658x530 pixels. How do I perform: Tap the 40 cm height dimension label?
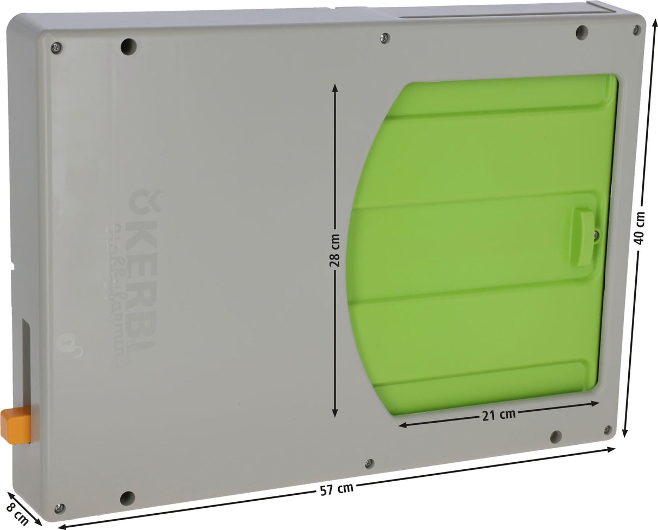coord(640,228)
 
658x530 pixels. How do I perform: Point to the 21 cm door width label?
coord(498,415)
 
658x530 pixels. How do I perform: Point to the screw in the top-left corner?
coord(55,48)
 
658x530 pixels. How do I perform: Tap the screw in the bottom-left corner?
coord(59,508)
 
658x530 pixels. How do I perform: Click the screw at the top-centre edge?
coord(384,38)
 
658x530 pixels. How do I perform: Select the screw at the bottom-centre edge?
coord(369,463)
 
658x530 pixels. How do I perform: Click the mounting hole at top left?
coord(128,46)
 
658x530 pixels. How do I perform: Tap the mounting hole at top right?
coord(582,32)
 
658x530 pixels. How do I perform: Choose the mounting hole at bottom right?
coord(556,436)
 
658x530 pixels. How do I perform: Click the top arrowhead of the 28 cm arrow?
coord(335,87)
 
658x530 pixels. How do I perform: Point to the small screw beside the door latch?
coord(596,234)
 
